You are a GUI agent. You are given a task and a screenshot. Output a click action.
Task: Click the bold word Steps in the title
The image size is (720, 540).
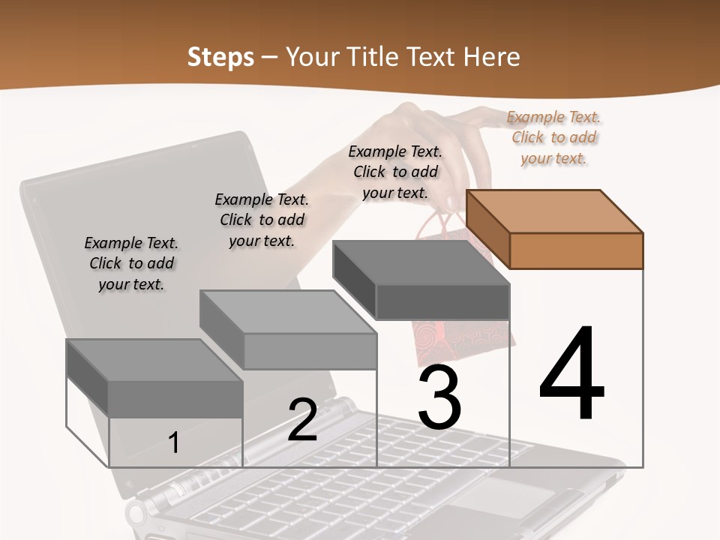220,57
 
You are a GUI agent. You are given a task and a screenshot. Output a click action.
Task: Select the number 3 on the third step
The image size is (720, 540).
439,397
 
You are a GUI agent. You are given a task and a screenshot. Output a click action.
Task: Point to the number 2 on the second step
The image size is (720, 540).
302,420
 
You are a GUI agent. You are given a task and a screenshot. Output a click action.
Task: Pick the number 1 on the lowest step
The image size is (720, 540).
174,443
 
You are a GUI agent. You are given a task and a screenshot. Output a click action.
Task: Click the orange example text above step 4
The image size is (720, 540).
553,137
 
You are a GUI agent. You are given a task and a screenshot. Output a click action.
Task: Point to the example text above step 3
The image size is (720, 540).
395,172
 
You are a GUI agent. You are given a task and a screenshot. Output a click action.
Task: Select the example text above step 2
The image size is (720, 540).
262,220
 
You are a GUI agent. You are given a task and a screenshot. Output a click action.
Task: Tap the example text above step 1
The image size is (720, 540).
131,263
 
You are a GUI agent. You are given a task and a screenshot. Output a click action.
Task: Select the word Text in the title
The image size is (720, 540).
433,57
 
